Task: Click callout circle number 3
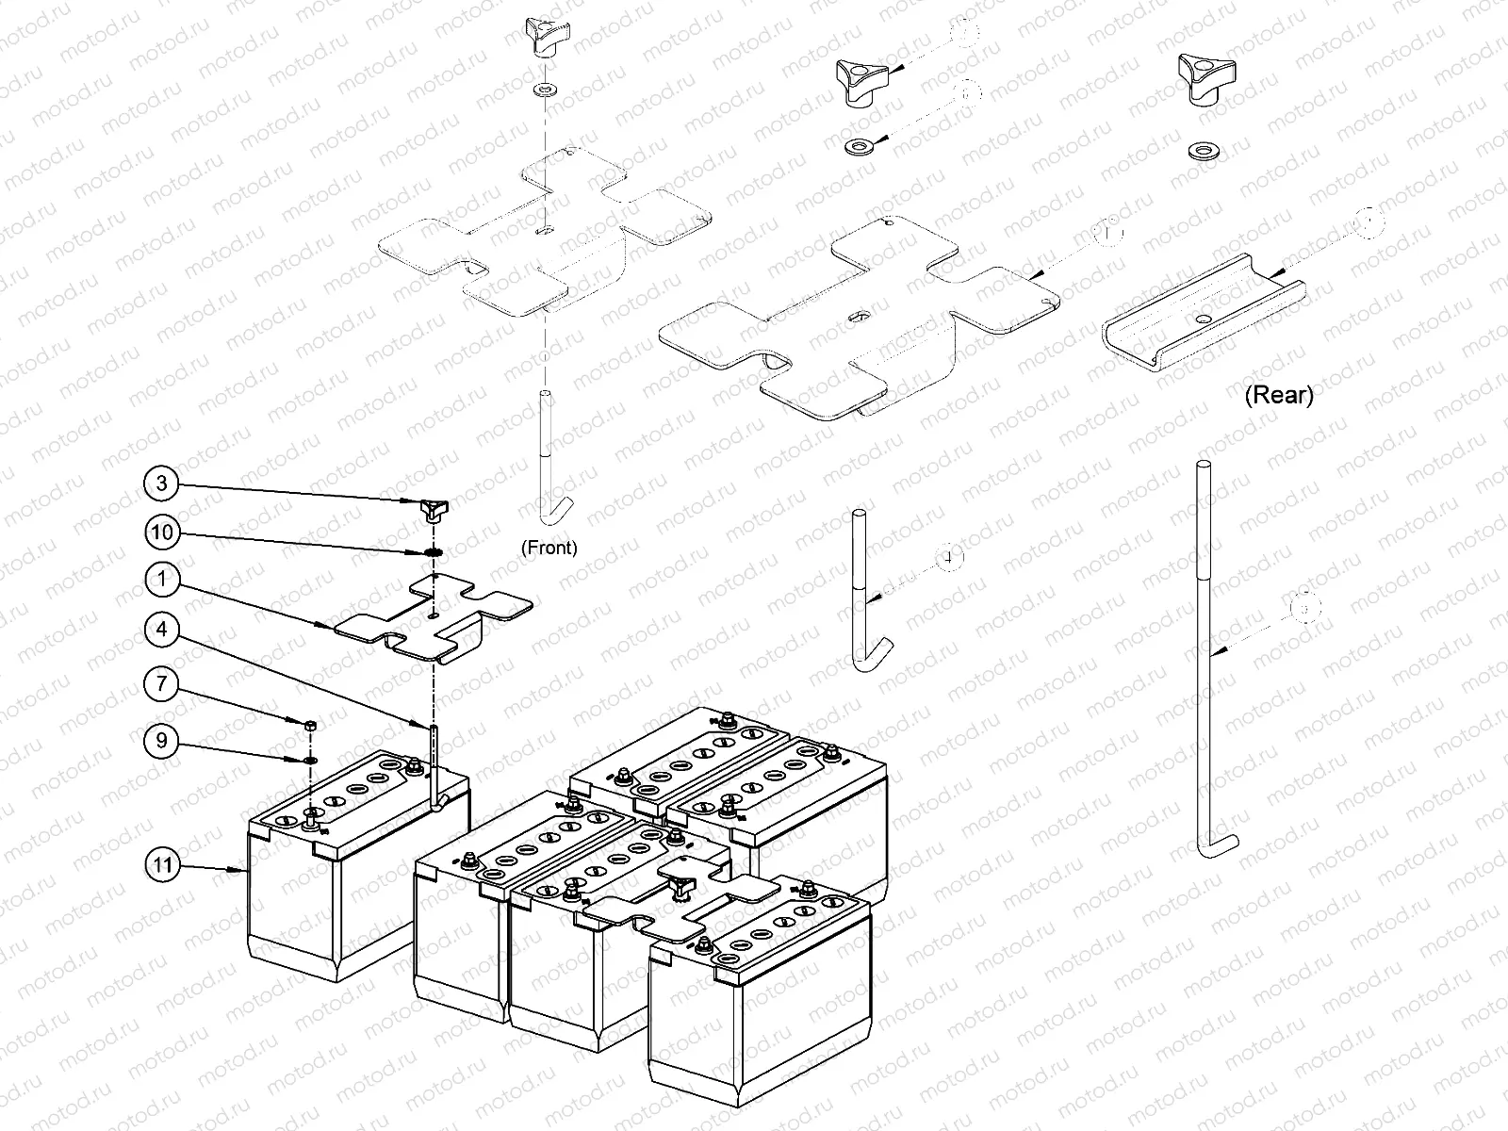(162, 484)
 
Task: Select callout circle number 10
(162, 533)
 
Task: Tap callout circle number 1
(162, 579)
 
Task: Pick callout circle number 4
(162, 629)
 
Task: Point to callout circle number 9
(162, 741)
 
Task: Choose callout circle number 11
(164, 864)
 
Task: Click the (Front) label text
(549, 548)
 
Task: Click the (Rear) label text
(1278, 395)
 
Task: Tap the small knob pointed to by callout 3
(432, 510)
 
